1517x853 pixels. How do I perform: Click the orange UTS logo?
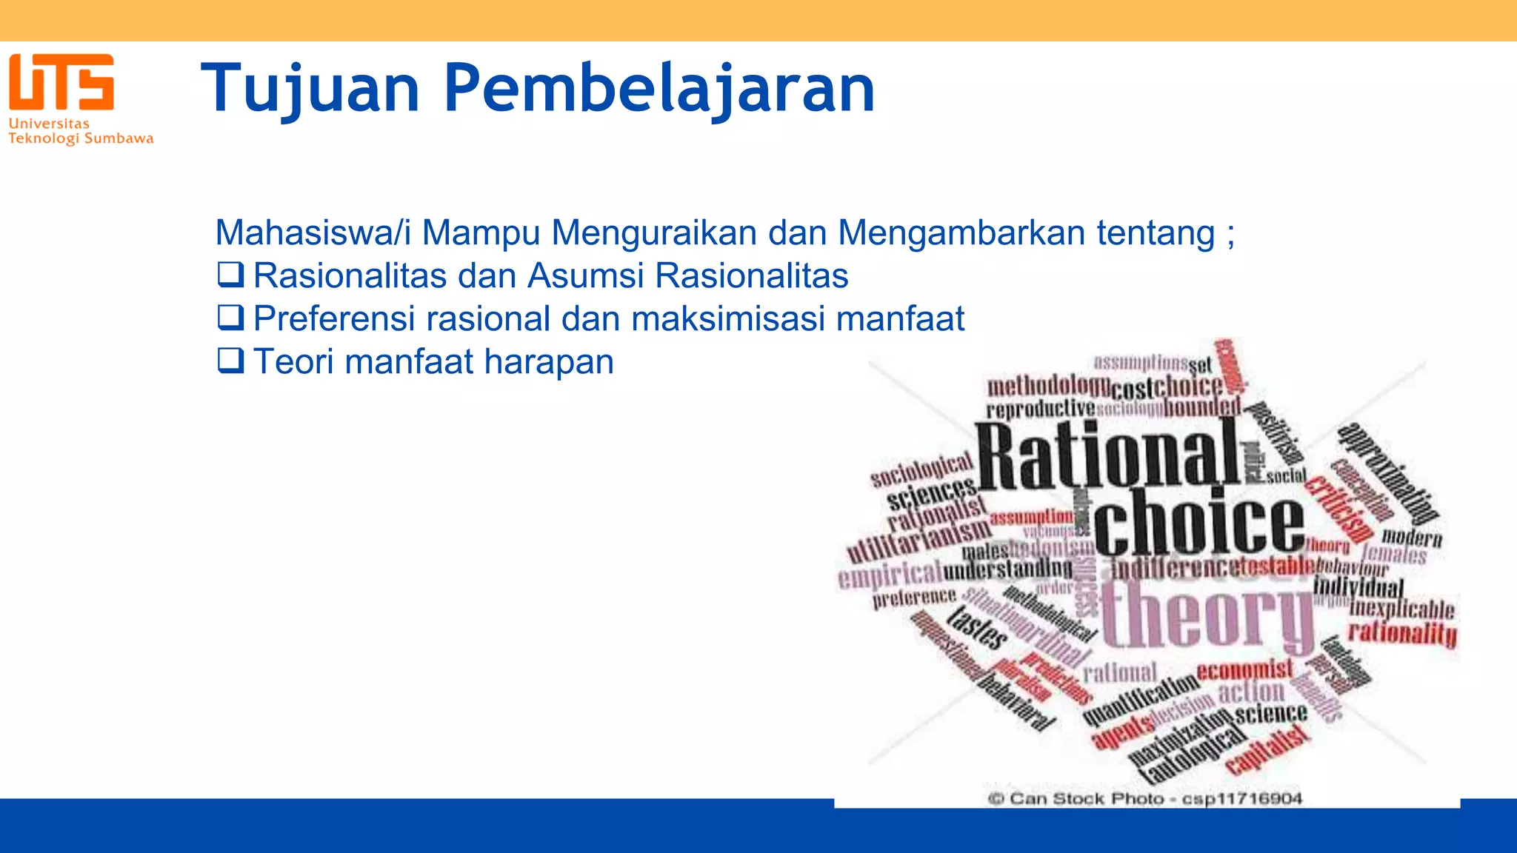[x=61, y=81]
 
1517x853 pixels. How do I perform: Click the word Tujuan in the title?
[x=310, y=89]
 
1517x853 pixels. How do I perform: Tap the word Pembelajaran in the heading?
[x=659, y=89]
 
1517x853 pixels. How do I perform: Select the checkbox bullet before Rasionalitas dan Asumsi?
[x=230, y=275]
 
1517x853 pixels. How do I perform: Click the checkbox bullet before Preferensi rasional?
[x=230, y=318]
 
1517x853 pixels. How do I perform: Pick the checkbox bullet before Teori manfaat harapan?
[x=230, y=361]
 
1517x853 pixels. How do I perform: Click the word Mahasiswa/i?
[x=313, y=233]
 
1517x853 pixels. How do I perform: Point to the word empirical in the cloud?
[x=889, y=574]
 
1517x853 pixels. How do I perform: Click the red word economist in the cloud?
[x=1244, y=670]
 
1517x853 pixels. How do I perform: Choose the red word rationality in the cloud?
[x=1401, y=633]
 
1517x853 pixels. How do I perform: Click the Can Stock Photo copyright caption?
[x=1145, y=798]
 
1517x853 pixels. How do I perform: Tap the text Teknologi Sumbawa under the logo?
[x=81, y=138]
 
